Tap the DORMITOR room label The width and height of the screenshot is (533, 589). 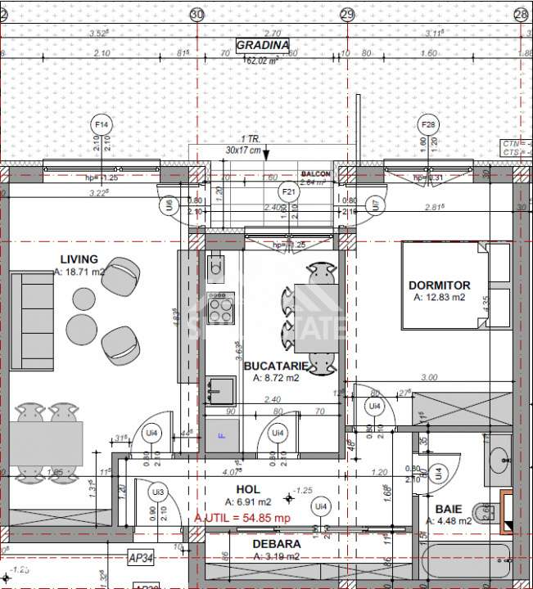point(440,286)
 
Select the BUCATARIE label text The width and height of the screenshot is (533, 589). point(276,366)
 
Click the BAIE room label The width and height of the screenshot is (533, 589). point(448,509)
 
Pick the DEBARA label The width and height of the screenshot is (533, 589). point(276,543)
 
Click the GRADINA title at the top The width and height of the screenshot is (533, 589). point(262,45)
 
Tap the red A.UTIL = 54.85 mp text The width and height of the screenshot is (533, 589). point(242,518)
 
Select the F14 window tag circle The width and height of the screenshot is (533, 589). point(102,124)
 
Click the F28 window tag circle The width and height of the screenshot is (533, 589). point(427,124)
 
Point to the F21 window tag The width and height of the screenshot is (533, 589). point(288,191)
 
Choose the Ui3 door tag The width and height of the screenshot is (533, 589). point(158,492)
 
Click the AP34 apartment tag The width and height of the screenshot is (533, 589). point(142,558)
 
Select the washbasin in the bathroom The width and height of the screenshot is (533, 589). point(498,458)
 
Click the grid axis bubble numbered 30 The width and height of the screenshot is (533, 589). point(196,14)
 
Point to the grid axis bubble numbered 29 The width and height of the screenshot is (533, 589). point(347,14)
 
